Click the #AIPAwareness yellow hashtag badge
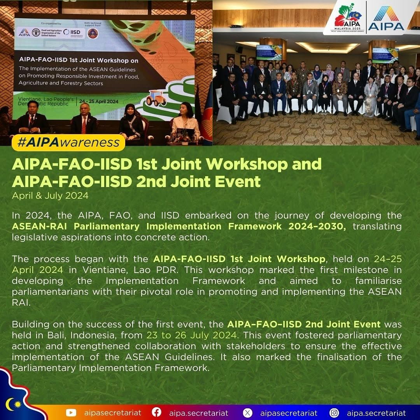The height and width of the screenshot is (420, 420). click(68, 142)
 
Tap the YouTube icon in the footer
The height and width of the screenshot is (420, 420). click(71, 413)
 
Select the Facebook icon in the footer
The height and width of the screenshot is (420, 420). click(156, 413)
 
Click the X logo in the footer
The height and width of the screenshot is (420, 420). click(247, 413)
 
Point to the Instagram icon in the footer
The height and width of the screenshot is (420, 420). click(334, 413)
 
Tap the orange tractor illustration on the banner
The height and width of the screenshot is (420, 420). click(156, 98)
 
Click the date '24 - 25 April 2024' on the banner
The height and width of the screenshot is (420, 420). click(98, 101)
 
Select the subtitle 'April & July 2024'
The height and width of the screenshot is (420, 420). click(50, 196)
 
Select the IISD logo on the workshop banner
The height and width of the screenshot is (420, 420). click(72, 32)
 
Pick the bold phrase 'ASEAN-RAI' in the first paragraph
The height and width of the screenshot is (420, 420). click(39, 226)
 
